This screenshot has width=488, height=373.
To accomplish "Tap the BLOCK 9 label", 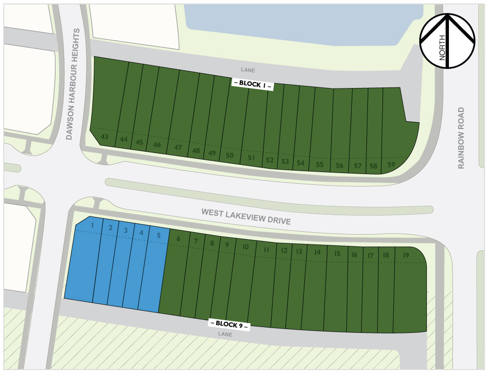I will point(230,324).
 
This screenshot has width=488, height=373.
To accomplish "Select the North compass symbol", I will point(447,41).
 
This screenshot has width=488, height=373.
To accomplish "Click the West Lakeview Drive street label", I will point(246,217).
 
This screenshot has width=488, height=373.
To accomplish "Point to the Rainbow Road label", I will point(461,138).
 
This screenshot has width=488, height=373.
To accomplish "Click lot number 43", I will point(105,136).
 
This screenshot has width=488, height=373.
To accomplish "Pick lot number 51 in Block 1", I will point(252,158).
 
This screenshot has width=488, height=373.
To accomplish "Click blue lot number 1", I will point(92,225).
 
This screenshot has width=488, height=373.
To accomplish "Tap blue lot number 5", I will point(158,235).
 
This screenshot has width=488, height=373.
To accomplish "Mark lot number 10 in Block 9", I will point(246,247).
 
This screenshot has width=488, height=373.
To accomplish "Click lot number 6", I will point(178,239).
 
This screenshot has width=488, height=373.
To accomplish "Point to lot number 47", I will point(178,148).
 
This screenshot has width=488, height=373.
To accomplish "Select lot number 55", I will point(320,165).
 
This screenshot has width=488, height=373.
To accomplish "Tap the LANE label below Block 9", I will point(225,334).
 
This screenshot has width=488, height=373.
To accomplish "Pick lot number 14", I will point(318,252).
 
